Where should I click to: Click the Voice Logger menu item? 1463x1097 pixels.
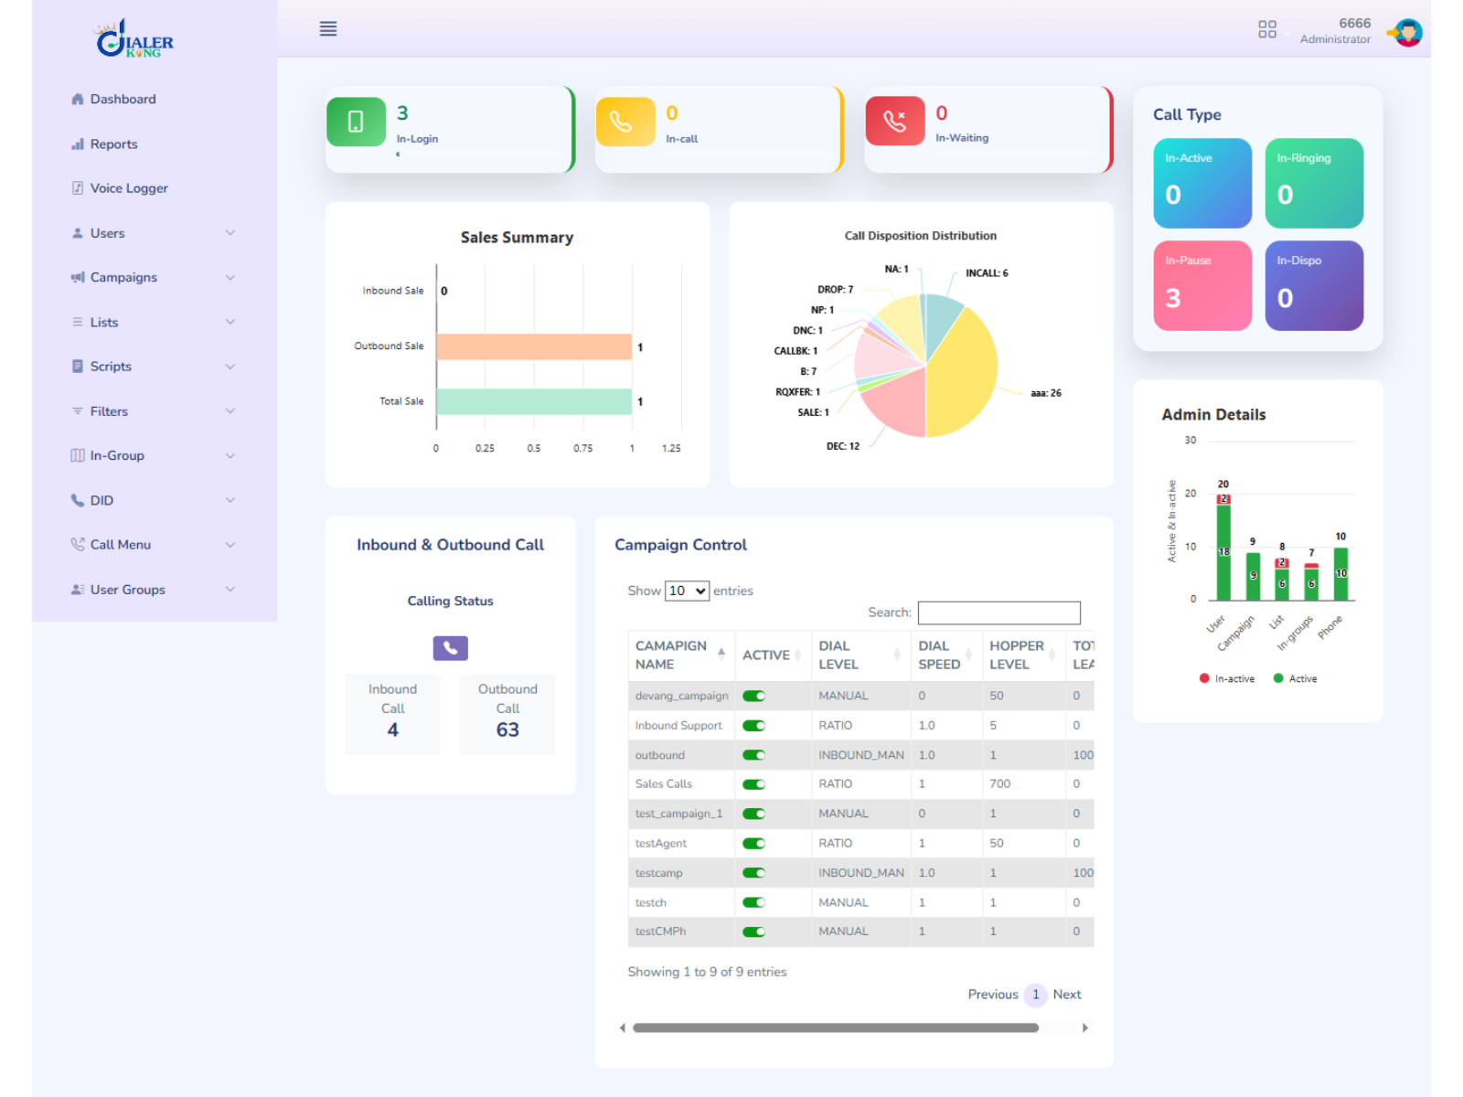(128, 188)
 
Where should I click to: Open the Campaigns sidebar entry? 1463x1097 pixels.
(123, 277)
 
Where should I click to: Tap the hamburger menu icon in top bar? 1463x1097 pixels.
(328, 29)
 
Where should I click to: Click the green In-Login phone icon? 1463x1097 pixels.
(356, 122)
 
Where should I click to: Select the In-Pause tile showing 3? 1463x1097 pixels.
(1201, 285)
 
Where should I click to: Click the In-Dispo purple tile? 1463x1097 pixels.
(1313, 285)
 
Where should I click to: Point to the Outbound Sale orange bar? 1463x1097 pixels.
(533, 346)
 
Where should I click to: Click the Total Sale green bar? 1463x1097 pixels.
(533, 401)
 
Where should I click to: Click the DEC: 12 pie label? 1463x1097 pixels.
(842, 446)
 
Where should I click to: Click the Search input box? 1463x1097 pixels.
(998, 612)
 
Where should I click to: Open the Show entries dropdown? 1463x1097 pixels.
(687, 591)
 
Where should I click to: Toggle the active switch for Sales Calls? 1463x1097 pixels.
(753, 784)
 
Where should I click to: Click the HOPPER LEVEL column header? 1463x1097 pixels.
(1016, 655)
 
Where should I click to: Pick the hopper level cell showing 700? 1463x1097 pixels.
(999, 784)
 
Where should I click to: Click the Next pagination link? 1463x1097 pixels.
(1066, 995)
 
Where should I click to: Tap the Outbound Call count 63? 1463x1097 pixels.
(507, 730)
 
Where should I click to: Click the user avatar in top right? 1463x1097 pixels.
(1407, 33)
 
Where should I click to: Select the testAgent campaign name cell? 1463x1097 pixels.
(661, 843)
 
